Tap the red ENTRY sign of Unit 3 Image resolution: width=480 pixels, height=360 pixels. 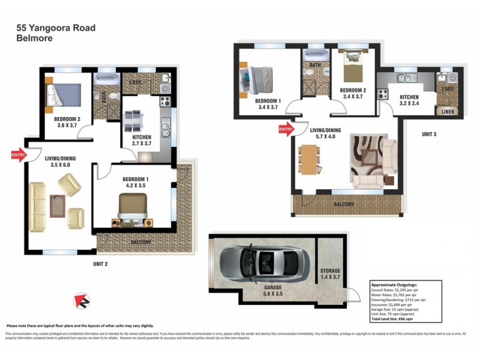click(284, 128)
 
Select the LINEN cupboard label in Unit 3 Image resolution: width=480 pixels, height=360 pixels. click(448, 112)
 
